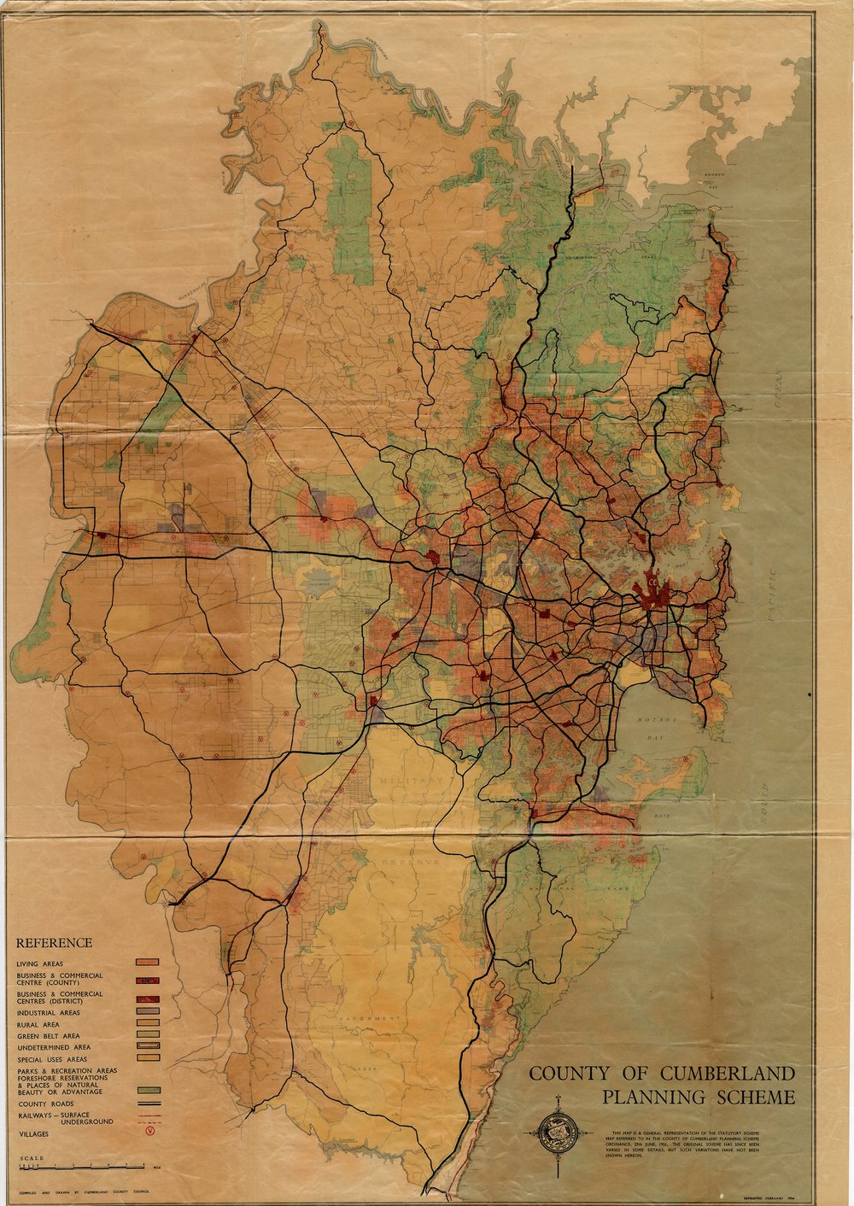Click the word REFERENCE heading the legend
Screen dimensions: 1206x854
pos(54,943)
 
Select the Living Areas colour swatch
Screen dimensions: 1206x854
pos(149,963)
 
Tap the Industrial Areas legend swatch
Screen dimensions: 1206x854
pos(149,1012)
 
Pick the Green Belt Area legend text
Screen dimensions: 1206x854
pos(48,1035)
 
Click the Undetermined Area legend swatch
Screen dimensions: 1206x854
pos(149,1046)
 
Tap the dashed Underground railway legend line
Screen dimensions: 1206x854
pos(149,1121)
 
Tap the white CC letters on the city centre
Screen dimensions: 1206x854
pos(652,583)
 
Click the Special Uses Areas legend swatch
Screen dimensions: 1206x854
pos(149,1058)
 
